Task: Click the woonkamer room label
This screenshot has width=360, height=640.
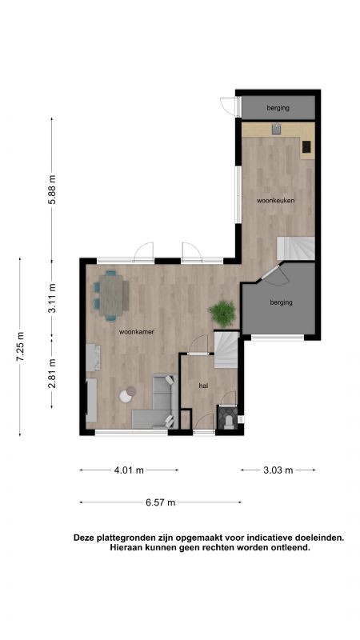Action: tap(136, 332)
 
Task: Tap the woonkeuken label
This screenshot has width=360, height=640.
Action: tap(275, 201)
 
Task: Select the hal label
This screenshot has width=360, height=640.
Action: tap(203, 385)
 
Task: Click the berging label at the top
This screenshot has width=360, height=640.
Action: tap(278, 108)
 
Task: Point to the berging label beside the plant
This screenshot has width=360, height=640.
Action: tap(282, 302)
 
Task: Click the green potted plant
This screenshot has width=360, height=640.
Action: tap(222, 314)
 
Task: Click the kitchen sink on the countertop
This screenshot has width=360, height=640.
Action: tap(277, 129)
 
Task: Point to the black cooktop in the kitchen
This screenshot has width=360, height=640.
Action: tap(306, 146)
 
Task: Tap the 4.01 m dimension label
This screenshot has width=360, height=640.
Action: tap(129, 470)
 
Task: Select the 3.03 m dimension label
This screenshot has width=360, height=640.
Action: tap(278, 470)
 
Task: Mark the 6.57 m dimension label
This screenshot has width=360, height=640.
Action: tap(161, 502)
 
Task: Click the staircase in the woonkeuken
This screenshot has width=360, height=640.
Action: tap(295, 248)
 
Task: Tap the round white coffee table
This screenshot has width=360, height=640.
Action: tap(126, 396)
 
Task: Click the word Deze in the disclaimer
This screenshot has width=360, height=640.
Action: tap(83, 538)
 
